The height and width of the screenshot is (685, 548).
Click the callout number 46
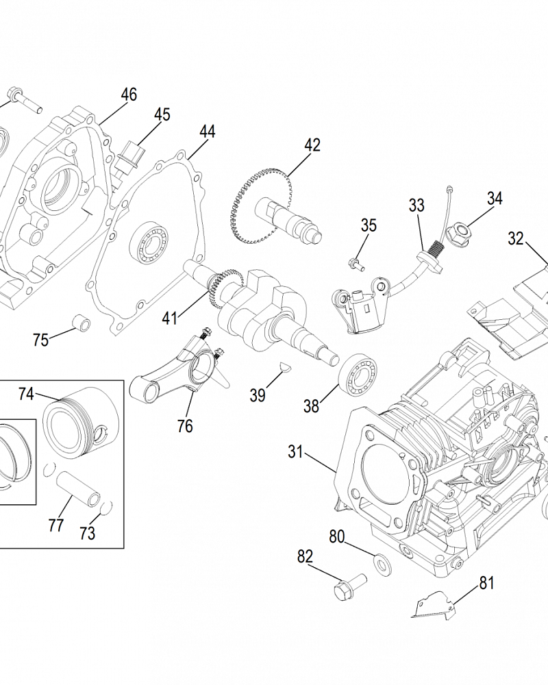click(x=129, y=95)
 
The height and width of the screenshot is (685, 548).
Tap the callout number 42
click(x=312, y=145)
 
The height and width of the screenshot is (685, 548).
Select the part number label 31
click(x=295, y=451)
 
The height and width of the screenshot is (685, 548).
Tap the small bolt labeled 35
click(x=353, y=261)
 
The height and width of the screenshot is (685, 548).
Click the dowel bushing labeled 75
click(x=82, y=321)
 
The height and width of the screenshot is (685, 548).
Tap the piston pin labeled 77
click(x=79, y=486)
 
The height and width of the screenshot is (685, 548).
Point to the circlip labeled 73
click(x=105, y=508)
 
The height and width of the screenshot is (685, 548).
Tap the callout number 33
click(x=416, y=206)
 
